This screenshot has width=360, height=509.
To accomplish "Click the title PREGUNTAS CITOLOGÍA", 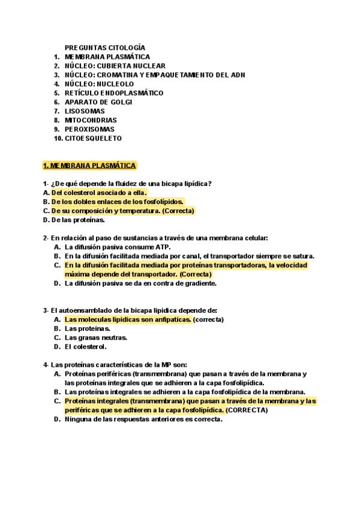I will (x=105, y=47).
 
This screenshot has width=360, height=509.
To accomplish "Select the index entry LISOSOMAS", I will (x=85, y=111).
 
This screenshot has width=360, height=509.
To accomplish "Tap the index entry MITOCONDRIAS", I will (x=91, y=120).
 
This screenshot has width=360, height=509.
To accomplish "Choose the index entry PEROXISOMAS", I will (x=89, y=129).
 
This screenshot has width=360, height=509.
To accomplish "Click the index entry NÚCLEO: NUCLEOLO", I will (x=99, y=84).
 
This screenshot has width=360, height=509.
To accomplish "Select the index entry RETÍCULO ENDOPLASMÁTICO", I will (x=114, y=93).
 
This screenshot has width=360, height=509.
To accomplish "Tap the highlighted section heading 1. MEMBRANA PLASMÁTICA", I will (x=89, y=165).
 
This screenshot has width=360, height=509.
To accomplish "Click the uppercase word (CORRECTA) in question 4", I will (x=247, y=411).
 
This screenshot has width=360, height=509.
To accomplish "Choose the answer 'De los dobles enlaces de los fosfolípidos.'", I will (x=118, y=202).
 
